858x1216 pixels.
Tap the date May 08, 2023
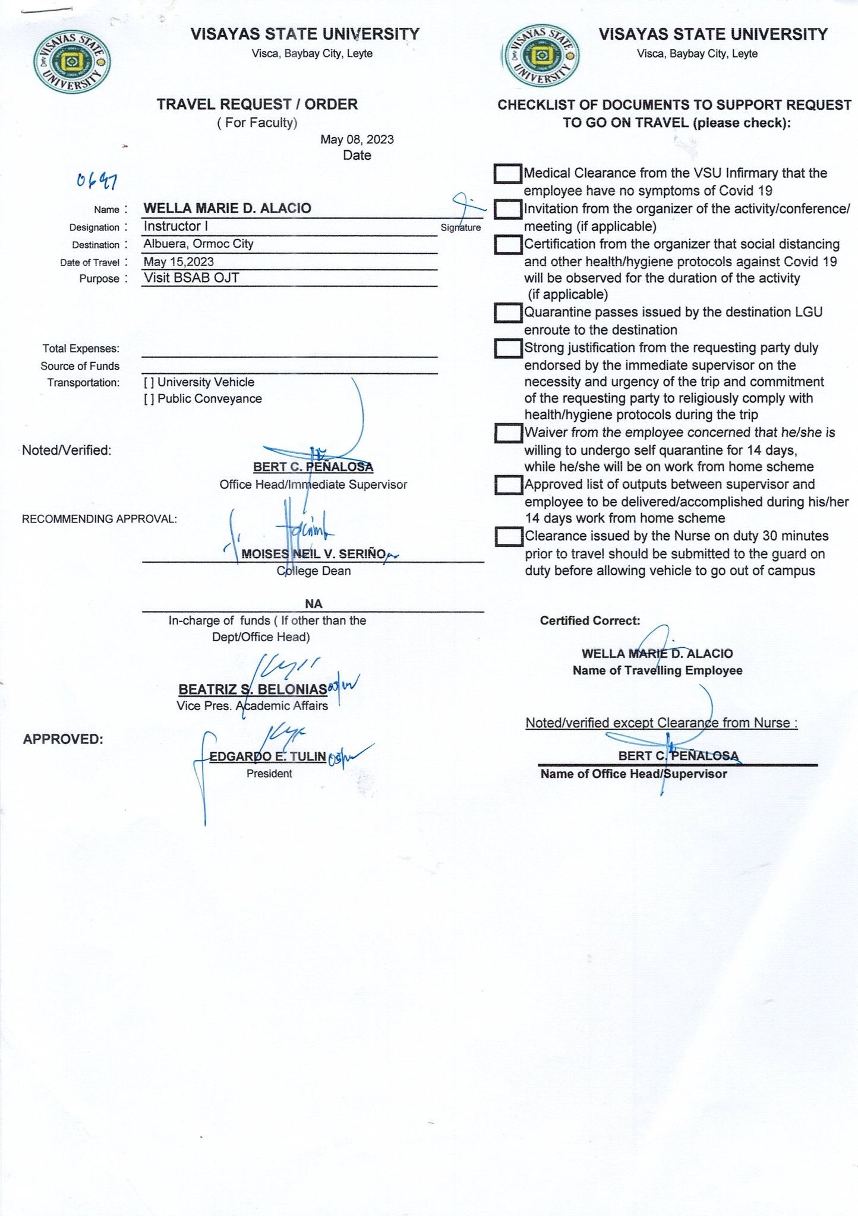[357, 140]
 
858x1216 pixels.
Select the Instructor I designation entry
[175, 226]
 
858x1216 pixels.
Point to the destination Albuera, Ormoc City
[198, 244]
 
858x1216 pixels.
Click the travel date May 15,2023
[178, 262]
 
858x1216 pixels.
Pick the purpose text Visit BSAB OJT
[191, 278]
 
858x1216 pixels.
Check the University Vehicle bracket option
[149, 382]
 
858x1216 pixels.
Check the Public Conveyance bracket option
[149, 399]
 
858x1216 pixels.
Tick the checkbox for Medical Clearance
[507, 174]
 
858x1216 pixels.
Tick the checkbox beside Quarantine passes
[507, 313]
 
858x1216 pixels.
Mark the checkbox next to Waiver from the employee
[508, 433]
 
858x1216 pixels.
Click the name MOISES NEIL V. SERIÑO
[313, 554]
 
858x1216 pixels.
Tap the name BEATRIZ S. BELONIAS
[253, 689]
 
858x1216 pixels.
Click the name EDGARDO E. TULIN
[267, 756]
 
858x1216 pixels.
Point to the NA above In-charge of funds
[313, 604]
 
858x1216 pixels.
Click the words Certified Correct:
[589, 621]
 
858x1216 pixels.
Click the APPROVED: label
[63, 739]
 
